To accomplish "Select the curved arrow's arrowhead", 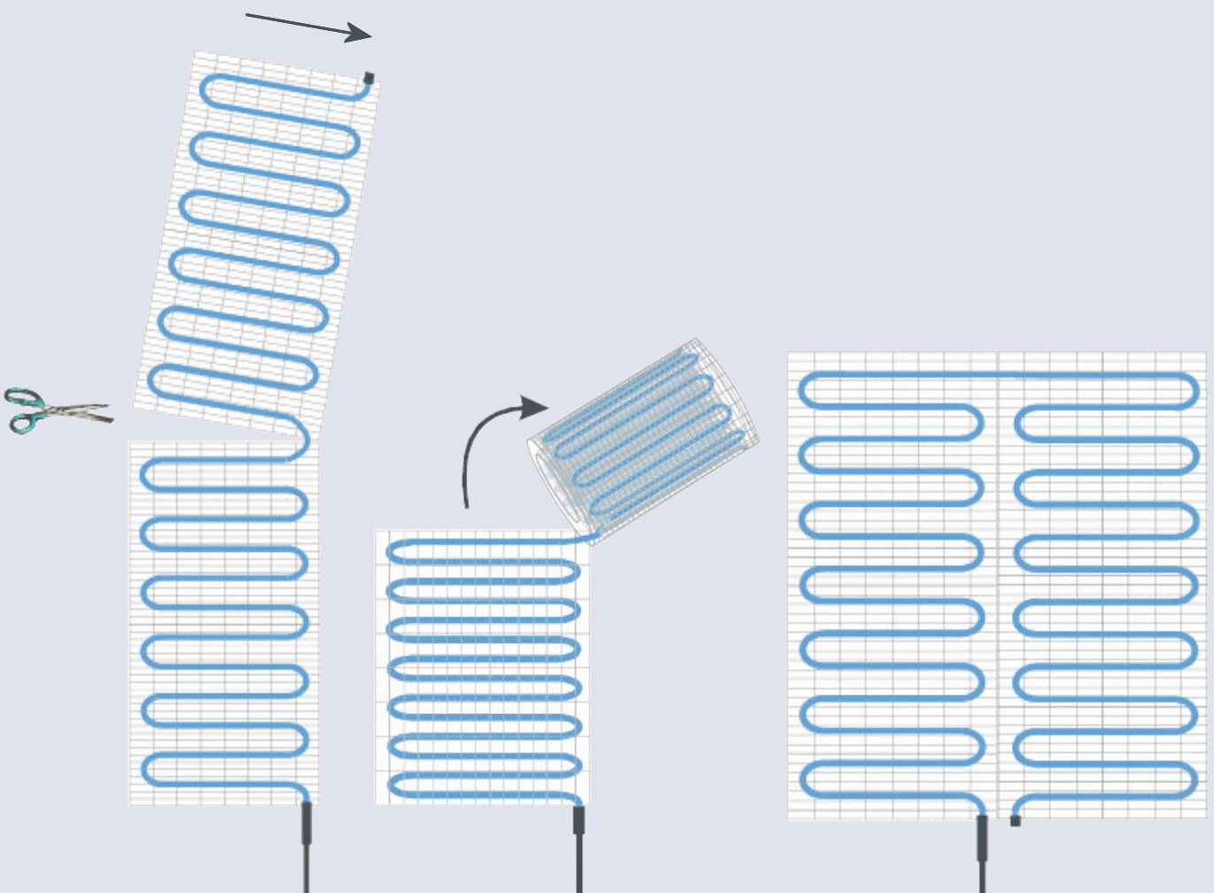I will point(533,408).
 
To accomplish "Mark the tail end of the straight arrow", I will point(248,14).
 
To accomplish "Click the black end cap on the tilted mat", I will point(369,78).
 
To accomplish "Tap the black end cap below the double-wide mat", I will point(1016,820).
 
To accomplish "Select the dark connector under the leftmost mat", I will point(307,825).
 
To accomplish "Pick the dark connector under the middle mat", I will point(579,820).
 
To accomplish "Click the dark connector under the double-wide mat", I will point(982,837).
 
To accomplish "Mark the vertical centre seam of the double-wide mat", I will point(998,585).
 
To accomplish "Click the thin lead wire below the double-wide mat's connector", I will point(982,877).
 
